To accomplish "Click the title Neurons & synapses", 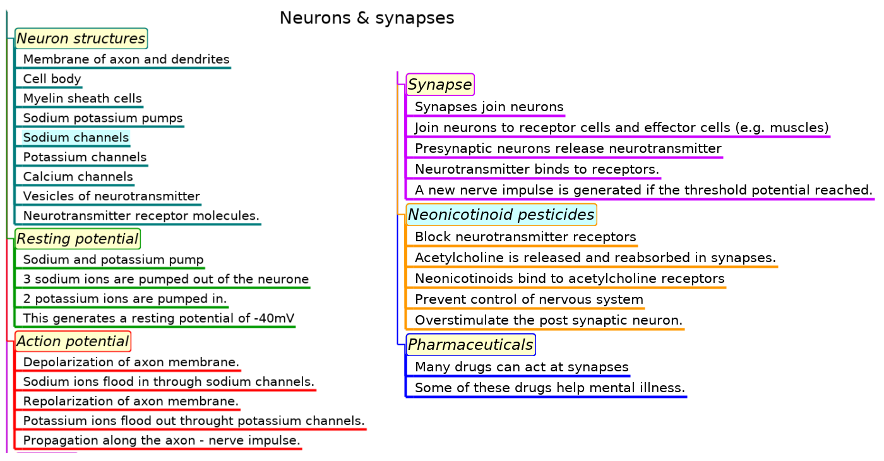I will click(367, 18).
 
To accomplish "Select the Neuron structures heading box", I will click(81, 39).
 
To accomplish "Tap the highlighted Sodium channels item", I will click(76, 138).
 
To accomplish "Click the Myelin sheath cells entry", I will click(82, 99).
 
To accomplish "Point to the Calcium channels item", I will click(78, 177).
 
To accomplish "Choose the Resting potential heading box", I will click(77, 239).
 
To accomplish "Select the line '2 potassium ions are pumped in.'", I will click(125, 298).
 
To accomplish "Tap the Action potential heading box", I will click(73, 342).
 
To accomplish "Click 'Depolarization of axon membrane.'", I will click(131, 362).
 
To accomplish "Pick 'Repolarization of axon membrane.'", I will click(131, 401).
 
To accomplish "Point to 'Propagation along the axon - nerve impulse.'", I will click(162, 440).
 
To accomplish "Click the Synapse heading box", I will click(440, 85).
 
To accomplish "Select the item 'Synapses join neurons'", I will click(489, 107).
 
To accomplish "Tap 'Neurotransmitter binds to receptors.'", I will click(537, 169).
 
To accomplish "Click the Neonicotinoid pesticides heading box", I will click(501, 215).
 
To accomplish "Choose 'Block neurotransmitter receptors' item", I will click(525, 237).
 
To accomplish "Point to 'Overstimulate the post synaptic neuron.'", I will click(549, 320).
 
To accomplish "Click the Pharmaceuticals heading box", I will click(470, 345).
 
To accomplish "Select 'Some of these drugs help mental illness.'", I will click(549, 388).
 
